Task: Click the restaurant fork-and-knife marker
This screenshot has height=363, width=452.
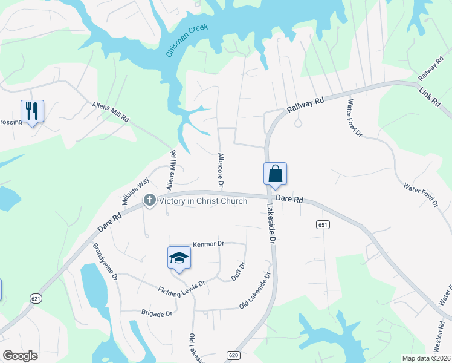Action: (x=32, y=111)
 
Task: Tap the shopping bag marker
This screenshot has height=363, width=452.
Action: (x=275, y=173)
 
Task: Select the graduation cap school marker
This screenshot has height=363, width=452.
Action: (x=179, y=258)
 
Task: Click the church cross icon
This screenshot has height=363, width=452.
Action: (x=149, y=200)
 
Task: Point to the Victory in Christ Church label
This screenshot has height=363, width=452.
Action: (x=203, y=201)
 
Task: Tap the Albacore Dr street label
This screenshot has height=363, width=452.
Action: (x=221, y=169)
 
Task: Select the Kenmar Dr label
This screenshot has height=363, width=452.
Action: (x=208, y=243)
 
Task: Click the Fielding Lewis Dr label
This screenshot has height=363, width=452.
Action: (x=182, y=286)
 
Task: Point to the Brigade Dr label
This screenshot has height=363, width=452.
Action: (x=157, y=314)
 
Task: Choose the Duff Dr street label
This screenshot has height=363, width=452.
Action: (x=239, y=272)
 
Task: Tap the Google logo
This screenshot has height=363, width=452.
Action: (x=20, y=356)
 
